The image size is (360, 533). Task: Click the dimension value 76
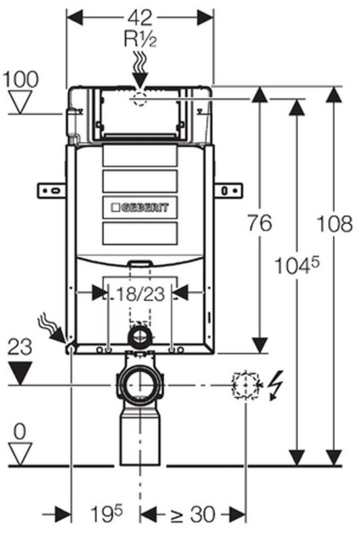pyautogui.click(x=259, y=224)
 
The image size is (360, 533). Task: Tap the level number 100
pyautogui.click(x=21, y=79)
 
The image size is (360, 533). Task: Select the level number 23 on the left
pyautogui.click(x=20, y=349)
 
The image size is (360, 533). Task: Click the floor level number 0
pyautogui.click(x=20, y=432)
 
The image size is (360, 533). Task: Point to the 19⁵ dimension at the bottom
pyautogui.click(x=107, y=512)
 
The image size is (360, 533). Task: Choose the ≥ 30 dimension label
pyautogui.click(x=185, y=512)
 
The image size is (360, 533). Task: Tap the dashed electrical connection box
pyautogui.click(x=245, y=385)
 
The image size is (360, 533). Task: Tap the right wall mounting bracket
pyautogui.click(x=228, y=191)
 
